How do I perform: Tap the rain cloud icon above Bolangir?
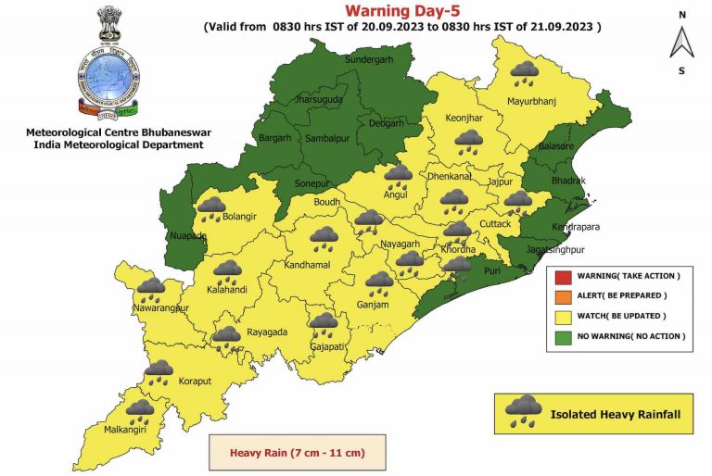[211, 208]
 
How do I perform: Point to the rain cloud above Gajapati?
[323, 325]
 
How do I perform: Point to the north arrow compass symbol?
[681, 42]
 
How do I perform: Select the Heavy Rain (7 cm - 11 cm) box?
[297, 454]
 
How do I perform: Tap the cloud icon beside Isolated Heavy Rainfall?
[524, 411]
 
